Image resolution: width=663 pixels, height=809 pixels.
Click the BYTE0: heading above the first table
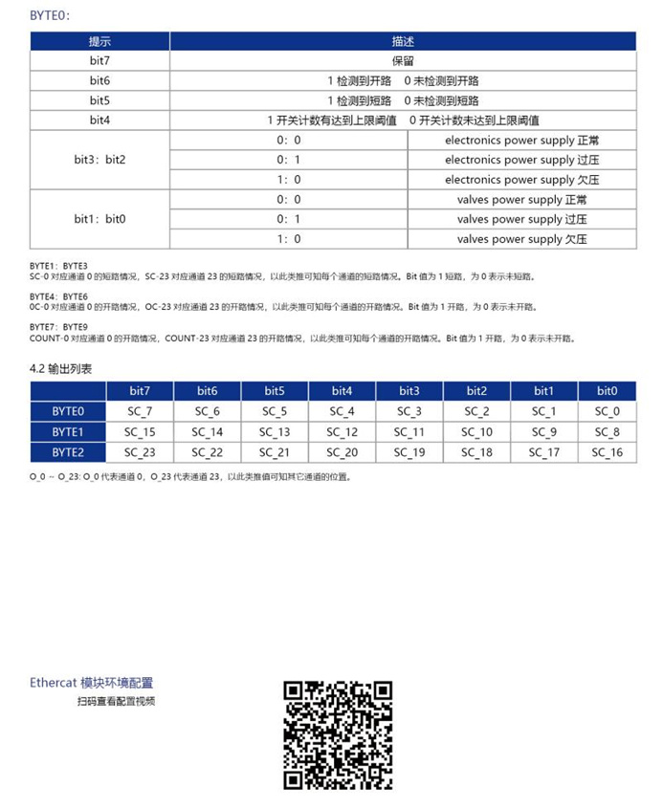click(50, 14)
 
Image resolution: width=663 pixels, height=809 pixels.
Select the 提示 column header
click(99, 41)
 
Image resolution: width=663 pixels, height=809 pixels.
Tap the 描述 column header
click(403, 41)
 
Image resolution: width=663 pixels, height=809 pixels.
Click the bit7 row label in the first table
click(99, 61)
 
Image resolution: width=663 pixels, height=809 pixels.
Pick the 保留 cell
click(403, 61)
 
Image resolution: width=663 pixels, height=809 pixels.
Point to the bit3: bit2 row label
click(99, 160)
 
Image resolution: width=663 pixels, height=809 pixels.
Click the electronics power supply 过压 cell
click(521, 160)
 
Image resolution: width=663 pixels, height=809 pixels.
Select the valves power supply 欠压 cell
click(521, 239)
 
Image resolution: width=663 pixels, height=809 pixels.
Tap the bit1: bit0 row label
click(99, 219)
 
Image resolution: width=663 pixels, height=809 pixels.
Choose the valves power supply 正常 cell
click(521, 200)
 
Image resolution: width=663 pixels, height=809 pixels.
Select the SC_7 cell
click(139, 411)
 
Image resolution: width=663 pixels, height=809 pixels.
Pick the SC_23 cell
click(139, 452)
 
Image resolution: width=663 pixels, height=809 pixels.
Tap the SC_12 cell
click(342, 432)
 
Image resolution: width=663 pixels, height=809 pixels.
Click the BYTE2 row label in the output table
click(68, 452)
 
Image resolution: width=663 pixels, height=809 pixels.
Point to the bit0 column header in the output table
click(607, 391)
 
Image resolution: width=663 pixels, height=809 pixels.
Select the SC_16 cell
click(607, 452)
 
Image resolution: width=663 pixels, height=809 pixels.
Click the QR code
click(338, 734)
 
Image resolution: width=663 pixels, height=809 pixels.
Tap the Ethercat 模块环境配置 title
click(91, 683)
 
